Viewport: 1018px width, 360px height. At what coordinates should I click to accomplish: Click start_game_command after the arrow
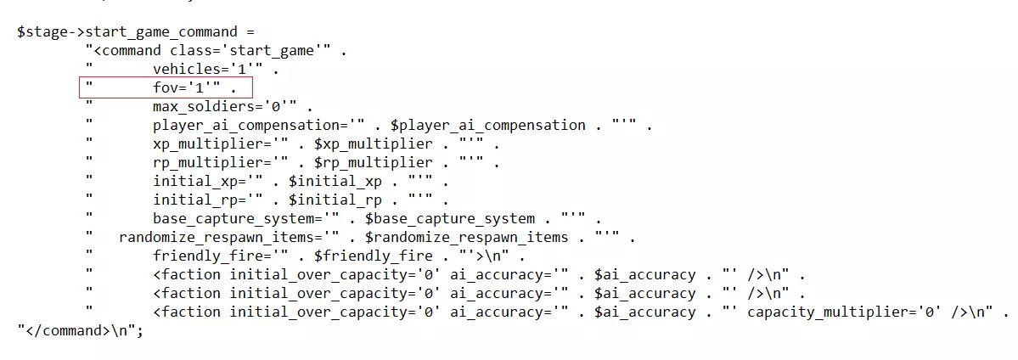pos(161,31)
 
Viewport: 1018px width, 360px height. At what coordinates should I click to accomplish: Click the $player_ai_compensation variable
pos(488,126)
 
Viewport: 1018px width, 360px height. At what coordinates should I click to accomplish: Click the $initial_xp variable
pos(335,182)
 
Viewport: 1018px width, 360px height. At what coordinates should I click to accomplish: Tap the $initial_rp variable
pos(335,200)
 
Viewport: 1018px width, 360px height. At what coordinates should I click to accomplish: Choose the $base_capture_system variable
pos(450,219)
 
